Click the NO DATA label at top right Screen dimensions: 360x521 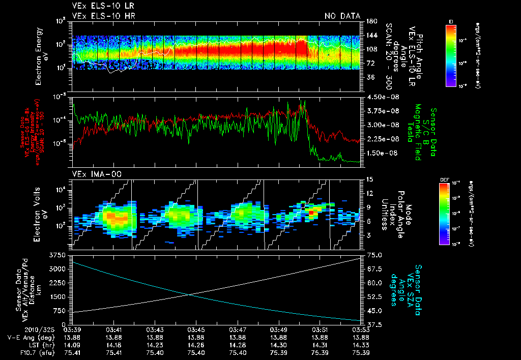point(342,16)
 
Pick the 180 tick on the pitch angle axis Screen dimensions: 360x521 point(370,21)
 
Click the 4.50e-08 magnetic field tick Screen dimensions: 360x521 point(381,97)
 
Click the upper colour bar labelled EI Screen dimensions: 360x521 point(450,54)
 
